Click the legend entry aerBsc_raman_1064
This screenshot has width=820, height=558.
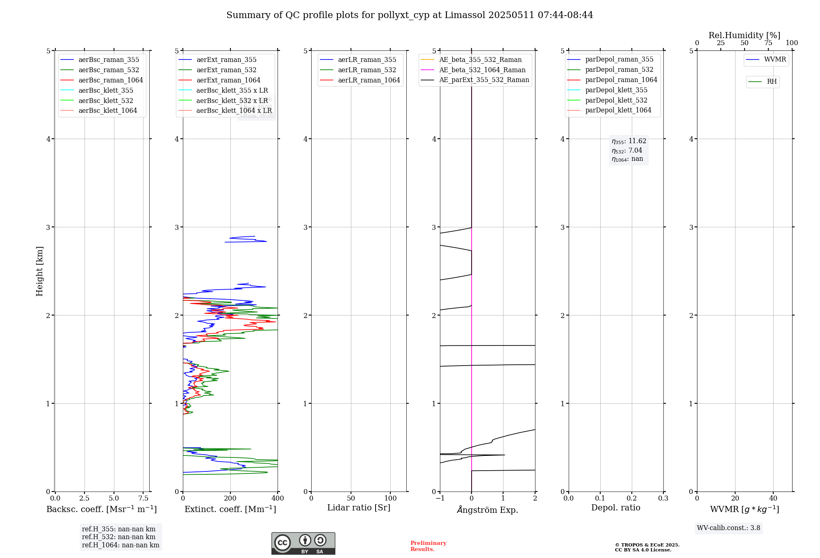pos(111,80)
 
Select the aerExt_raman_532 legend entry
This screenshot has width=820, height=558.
pos(226,70)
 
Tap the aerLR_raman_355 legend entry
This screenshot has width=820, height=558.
pos(367,59)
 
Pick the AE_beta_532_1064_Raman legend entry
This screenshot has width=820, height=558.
pos(482,70)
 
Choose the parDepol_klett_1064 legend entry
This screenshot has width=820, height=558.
pos(618,110)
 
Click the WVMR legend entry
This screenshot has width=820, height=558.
pos(775,59)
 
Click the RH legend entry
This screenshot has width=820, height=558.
pos(772,82)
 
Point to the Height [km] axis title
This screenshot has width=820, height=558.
pos(39,271)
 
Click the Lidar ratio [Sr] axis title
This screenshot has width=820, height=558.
pos(359,508)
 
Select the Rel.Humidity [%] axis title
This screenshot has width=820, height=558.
pos(744,35)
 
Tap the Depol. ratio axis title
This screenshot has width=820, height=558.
pos(615,508)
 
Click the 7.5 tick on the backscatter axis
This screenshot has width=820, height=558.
pos(143,498)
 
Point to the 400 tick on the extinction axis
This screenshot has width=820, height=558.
pos(278,498)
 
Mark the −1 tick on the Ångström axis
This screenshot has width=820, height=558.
pos(440,498)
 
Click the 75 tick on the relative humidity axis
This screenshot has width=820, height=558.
pos(768,43)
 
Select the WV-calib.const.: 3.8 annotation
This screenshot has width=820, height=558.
pos(728,528)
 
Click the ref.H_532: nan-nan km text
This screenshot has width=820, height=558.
pos(118,537)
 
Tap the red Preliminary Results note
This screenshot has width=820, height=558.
pos(428,546)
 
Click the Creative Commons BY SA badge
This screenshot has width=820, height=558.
pos(303,543)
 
